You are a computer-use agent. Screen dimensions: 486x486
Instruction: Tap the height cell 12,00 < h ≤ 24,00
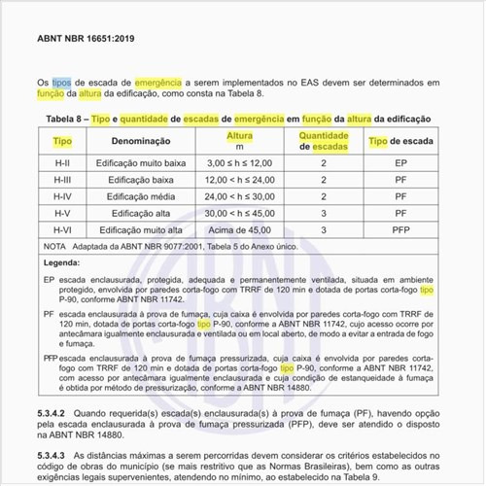tap(239, 180)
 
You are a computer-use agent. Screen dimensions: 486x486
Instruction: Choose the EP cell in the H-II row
tap(399, 163)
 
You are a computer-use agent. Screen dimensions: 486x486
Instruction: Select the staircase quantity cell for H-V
tap(324, 212)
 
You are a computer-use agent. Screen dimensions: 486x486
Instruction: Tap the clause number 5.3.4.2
tap(59, 413)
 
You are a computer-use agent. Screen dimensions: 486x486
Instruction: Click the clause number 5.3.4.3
tap(59, 453)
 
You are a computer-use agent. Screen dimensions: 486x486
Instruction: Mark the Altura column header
tap(239, 136)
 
